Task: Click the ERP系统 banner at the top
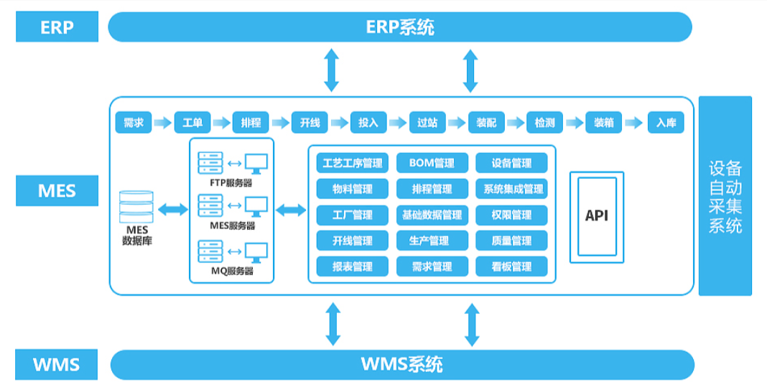[399, 27]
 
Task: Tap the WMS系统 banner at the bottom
[402, 365]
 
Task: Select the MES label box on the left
[57, 190]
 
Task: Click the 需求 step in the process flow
[134, 122]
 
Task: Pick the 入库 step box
[666, 122]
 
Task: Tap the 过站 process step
[427, 122]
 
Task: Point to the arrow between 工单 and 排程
[222, 122]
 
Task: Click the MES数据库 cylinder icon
[136, 207]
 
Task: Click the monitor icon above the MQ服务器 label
[256, 253]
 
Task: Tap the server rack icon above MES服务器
[210, 205]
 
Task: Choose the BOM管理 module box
[432, 163]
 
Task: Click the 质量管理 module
[511, 241]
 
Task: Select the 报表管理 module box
[352, 266]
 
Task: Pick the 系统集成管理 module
[511, 189]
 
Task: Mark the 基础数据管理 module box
[432, 215]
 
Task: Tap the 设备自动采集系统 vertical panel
[725, 196]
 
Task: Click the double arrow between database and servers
[172, 210]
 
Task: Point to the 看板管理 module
[511, 266]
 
